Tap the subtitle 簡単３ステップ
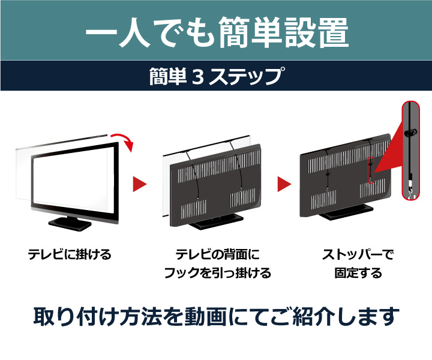point(216,76)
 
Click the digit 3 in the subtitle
point(197,77)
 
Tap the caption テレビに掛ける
point(70,254)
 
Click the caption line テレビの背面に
point(217,254)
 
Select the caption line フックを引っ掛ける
point(217,274)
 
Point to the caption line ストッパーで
point(358,254)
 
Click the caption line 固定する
point(358,274)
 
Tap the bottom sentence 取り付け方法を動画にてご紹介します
point(216,316)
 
